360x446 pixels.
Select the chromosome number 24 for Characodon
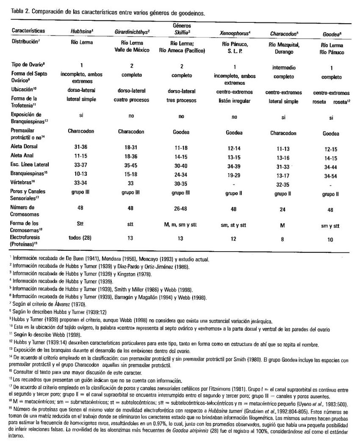click(285, 210)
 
